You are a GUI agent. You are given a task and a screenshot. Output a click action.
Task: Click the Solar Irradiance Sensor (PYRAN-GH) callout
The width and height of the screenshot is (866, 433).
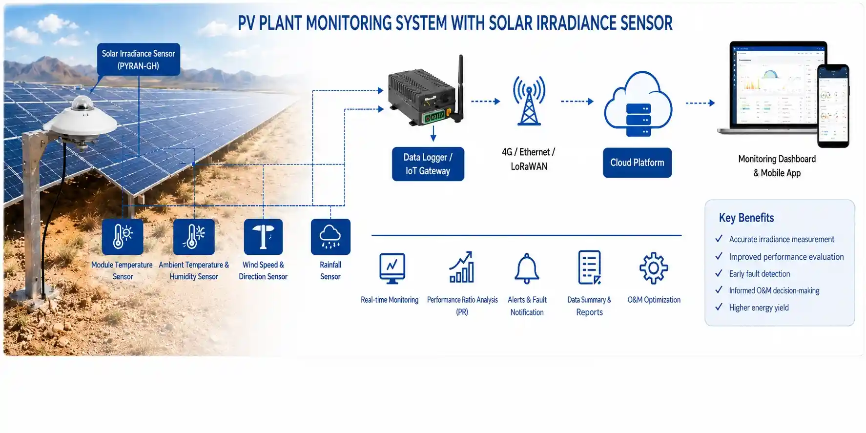point(139,60)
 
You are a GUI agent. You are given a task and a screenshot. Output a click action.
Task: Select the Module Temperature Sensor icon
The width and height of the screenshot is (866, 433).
point(123,237)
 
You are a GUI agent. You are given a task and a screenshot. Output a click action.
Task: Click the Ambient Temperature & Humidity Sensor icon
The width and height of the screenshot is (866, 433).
point(194,237)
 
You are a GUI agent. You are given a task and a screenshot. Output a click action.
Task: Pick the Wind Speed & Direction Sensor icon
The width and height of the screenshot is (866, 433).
point(263,237)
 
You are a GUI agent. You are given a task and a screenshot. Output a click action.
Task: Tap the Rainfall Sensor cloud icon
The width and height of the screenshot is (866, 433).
point(330,237)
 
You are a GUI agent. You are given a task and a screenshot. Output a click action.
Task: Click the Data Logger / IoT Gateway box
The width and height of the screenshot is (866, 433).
point(428,164)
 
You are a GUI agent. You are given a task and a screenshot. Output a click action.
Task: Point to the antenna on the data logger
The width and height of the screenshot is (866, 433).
point(459,88)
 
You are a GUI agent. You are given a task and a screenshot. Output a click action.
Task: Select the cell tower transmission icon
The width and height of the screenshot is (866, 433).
point(529,100)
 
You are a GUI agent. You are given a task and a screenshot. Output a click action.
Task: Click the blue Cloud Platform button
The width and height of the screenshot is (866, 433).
point(637,163)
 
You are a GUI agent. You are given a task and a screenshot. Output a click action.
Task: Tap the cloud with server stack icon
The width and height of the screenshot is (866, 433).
point(638,104)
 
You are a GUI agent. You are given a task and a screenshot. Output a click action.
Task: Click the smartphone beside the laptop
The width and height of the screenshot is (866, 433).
point(833,105)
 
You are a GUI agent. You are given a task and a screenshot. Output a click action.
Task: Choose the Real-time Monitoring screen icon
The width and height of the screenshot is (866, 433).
point(392,268)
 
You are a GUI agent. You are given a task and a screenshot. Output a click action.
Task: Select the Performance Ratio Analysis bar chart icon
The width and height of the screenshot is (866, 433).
point(462,267)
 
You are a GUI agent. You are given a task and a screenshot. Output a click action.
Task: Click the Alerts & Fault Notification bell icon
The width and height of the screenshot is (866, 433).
point(527,268)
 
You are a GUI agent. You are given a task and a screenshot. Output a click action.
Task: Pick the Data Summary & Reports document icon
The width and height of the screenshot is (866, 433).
point(589,267)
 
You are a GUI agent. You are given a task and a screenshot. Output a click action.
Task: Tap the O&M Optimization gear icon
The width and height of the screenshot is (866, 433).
point(654,268)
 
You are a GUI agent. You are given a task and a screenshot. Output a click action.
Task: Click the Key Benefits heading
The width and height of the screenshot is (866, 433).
point(746,218)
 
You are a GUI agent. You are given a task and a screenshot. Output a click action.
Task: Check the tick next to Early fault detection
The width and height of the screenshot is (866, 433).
point(719,273)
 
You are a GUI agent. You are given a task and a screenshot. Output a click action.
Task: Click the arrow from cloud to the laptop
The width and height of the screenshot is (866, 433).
point(701,103)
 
